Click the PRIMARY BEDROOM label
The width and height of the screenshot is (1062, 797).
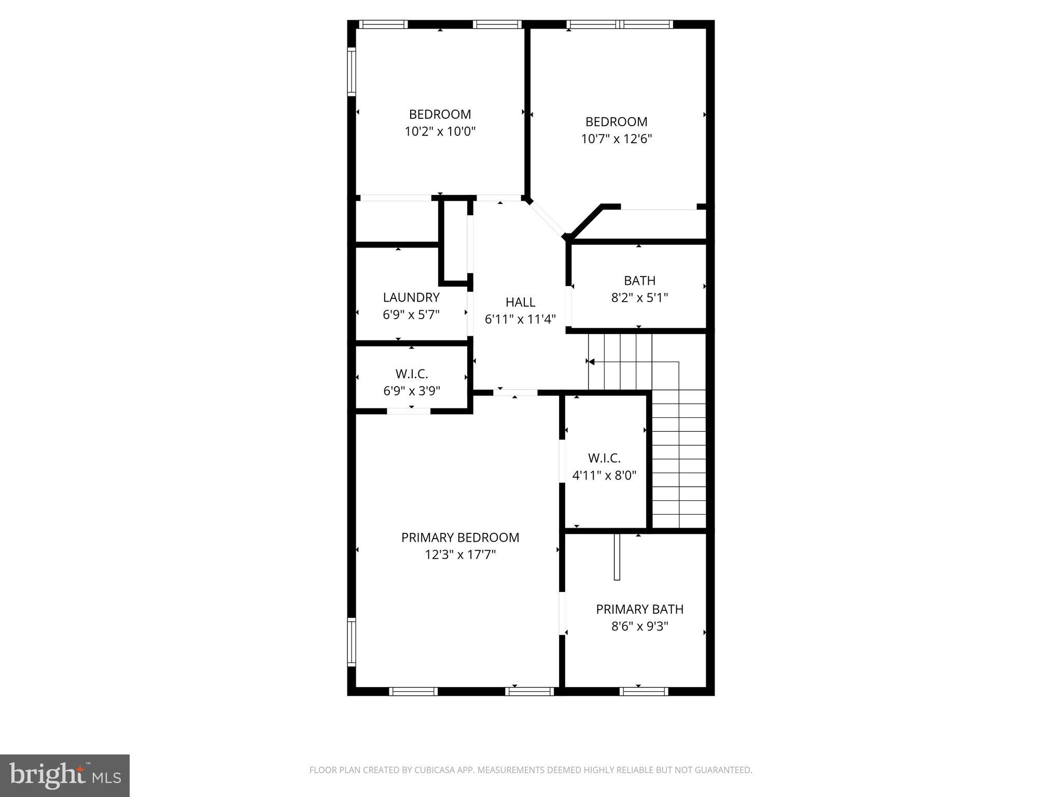(x=460, y=538)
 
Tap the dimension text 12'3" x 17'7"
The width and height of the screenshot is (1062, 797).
(x=460, y=555)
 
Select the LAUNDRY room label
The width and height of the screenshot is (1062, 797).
(x=411, y=297)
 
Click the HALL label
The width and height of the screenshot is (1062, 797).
(x=520, y=302)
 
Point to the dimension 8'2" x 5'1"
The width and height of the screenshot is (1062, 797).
(x=639, y=298)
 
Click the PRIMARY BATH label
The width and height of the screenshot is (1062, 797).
(x=639, y=609)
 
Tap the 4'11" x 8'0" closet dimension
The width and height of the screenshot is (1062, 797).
(x=604, y=475)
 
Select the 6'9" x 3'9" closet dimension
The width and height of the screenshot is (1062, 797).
(x=412, y=391)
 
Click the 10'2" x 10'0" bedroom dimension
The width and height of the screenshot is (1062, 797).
(x=440, y=131)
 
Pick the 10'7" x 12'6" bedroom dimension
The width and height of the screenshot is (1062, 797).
(x=616, y=139)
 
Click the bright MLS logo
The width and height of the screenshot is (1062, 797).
(x=65, y=775)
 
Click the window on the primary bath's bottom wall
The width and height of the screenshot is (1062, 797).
(x=644, y=691)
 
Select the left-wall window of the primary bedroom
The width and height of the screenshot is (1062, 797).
(x=352, y=642)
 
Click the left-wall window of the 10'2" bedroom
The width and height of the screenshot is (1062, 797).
(x=352, y=72)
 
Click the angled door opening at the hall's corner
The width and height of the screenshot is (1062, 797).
(x=547, y=220)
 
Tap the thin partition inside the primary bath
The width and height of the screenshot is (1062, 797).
(x=617, y=557)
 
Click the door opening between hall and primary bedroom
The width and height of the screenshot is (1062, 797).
(x=515, y=393)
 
